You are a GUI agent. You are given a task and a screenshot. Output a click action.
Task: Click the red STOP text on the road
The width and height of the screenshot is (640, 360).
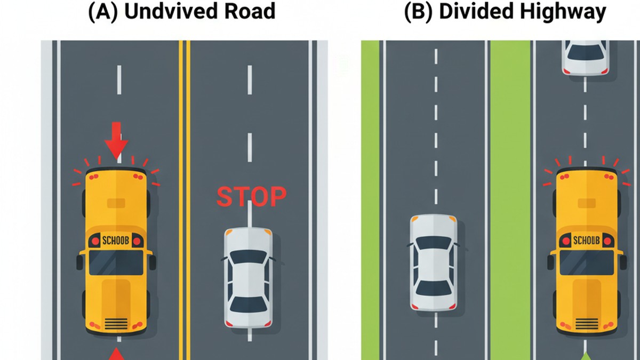(x=251, y=197)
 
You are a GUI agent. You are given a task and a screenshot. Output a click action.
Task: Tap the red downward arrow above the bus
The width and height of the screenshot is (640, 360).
(x=116, y=140)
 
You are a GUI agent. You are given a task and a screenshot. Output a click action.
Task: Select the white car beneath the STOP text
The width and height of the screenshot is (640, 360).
(x=248, y=277)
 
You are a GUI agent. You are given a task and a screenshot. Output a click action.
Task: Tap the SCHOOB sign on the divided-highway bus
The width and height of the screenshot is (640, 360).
(x=586, y=241)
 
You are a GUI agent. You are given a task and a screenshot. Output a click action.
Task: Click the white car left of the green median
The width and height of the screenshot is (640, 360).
(x=434, y=262)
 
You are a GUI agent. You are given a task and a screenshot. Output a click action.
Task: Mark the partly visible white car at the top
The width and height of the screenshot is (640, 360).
(x=585, y=57)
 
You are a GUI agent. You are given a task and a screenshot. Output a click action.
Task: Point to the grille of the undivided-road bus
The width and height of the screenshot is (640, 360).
(x=116, y=324)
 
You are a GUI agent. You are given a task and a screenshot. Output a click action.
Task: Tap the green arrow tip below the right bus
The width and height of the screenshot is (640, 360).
(x=586, y=356)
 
